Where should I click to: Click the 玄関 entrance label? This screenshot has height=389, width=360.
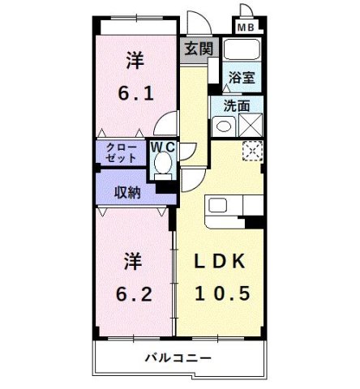[x=198, y=48]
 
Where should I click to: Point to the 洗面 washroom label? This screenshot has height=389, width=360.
[x=238, y=106]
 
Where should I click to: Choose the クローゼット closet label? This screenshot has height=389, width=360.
[x=120, y=153]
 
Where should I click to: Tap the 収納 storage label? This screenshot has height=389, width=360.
[x=127, y=192]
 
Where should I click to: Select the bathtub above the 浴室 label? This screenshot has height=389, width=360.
[x=240, y=51]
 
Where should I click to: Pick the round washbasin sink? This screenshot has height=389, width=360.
[x=221, y=126]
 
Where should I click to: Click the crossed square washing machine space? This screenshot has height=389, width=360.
[x=249, y=126]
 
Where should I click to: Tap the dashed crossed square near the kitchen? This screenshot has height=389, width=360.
[x=253, y=151]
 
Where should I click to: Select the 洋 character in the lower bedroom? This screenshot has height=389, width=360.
[x=135, y=261]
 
